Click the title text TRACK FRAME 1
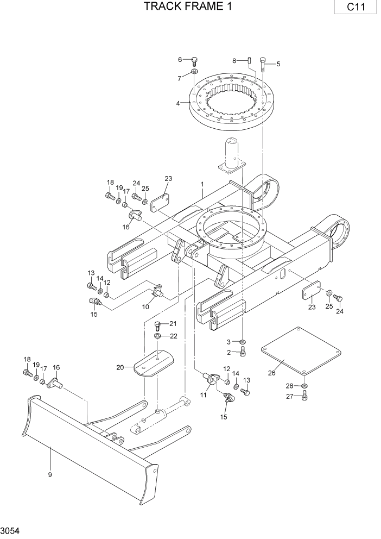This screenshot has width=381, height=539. (180, 7)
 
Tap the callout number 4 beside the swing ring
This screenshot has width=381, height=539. (178, 103)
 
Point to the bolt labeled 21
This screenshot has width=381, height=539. (158, 325)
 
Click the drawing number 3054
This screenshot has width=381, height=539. (10, 530)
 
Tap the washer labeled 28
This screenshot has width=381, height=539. (304, 387)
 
